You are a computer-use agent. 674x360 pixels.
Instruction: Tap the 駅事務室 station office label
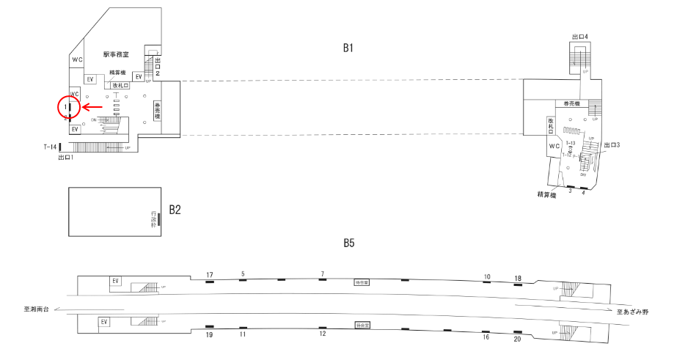(116, 54)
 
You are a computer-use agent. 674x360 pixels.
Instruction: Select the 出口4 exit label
(580, 36)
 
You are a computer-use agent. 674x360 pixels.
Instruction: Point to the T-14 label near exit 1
(50, 147)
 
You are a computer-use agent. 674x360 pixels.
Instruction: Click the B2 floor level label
(175, 210)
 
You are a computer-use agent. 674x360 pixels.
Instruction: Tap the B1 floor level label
(348, 48)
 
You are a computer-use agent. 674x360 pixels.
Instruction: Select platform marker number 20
(517, 339)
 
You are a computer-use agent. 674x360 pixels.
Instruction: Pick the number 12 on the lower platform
(322, 334)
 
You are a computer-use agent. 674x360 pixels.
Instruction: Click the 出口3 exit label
(611, 145)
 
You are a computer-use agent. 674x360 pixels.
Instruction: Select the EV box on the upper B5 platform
(114, 281)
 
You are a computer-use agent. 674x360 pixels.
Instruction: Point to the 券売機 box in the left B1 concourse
(156, 111)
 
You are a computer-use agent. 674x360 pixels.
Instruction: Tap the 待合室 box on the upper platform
(361, 281)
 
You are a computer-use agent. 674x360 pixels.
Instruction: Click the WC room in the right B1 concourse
(554, 145)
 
